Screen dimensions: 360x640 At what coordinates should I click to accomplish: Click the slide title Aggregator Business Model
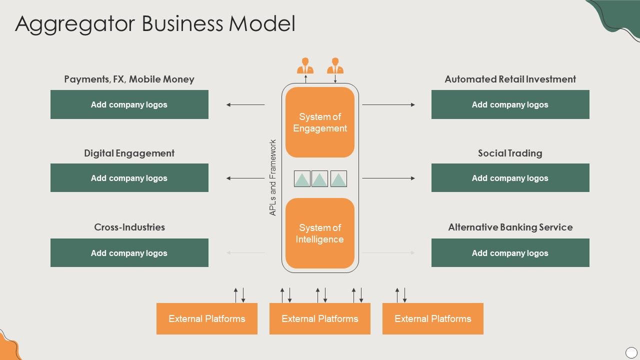[x=155, y=24]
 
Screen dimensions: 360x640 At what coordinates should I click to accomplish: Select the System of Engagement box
[x=320, y=122]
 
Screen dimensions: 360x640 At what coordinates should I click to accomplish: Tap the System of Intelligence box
[x=320, y=233]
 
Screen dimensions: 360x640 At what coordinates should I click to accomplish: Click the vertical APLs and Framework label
[x=273, y=177]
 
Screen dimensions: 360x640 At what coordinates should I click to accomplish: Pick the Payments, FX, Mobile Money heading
[x=129, y=79]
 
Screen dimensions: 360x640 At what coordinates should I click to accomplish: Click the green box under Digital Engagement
[x=129, y=178]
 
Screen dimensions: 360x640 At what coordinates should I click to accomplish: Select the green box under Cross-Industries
[x=129, y=253]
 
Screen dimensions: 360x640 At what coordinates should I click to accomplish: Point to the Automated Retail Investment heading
[x=510, y=79]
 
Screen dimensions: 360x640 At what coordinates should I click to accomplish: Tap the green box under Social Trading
[x=510, y=178]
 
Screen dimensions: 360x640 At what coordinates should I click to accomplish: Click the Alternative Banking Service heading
[x=510, y=227]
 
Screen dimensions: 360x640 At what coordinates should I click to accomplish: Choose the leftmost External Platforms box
[x=207, y=318]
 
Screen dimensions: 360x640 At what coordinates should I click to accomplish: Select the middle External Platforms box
[x=320, y=318]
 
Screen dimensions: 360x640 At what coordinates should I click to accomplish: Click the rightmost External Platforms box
[x=433, y=318]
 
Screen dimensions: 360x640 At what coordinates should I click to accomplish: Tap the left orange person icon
[x=305, y=66]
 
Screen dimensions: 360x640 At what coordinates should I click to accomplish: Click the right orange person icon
[x=335, y=66]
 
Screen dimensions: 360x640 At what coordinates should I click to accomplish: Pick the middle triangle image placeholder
[x=320, y=179]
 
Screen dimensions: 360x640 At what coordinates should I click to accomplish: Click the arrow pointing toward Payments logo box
[x=245, y=104]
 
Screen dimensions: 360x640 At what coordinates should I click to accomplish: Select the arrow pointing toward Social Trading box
[x=388, y=178]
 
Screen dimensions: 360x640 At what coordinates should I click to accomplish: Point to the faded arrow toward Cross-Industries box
[x=245, y=253]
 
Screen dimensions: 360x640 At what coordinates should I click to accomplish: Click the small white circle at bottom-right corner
[x=631, y=352]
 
